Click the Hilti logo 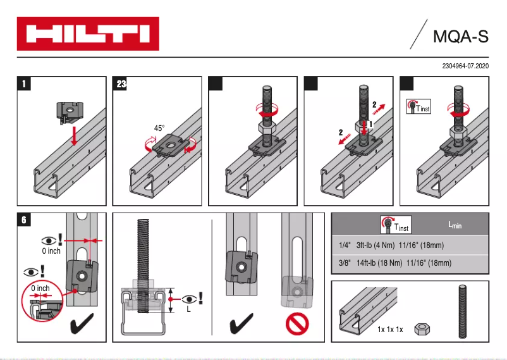tap(87, 34)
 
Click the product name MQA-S tap(460, 35)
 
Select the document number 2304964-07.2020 tap(466, 66)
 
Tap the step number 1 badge tap(23, 84)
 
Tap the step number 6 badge tap(23, 220)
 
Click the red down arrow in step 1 tap(74, 134)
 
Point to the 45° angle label tap(159, 128)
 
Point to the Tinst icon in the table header tap(393, 225)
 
